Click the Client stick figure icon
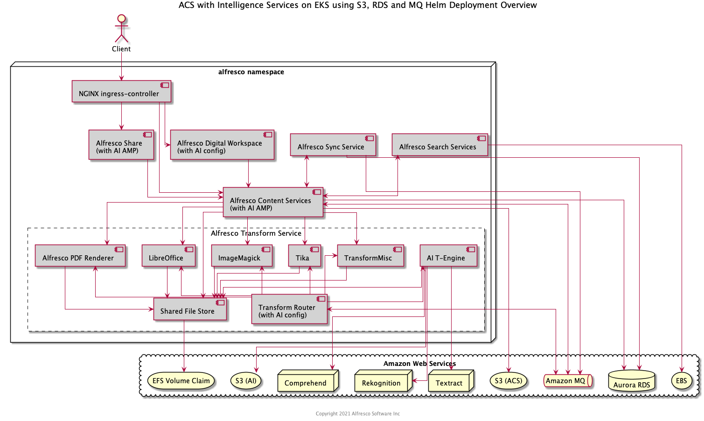pos(121,28)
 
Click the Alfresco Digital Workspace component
pos(222,145)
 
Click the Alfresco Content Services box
pos(273,202)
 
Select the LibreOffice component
pos(168,256)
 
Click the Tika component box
pos(304,256)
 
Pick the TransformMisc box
pos(370,256)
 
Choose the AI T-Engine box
pos(448,256)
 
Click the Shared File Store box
pos(190,309)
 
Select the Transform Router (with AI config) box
pos(289,309)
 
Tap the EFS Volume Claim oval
pos(181,381)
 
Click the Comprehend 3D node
pos(306,382)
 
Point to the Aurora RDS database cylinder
pos(632,381)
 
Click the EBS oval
pos(682,381)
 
